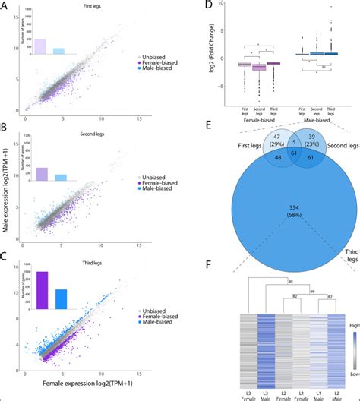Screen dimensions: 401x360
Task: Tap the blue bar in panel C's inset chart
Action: click(x=60, y=300)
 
